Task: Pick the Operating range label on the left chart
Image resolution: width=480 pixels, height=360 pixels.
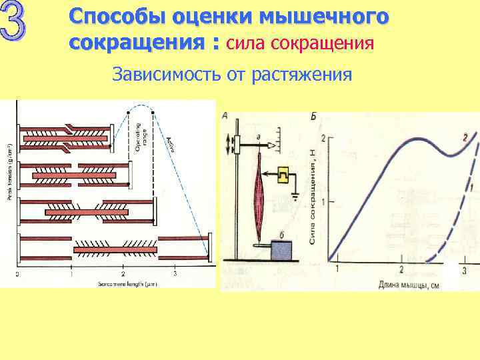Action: click(x=141, y=136)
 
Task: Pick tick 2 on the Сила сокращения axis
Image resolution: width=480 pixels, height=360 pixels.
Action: click(x=323, y=139)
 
